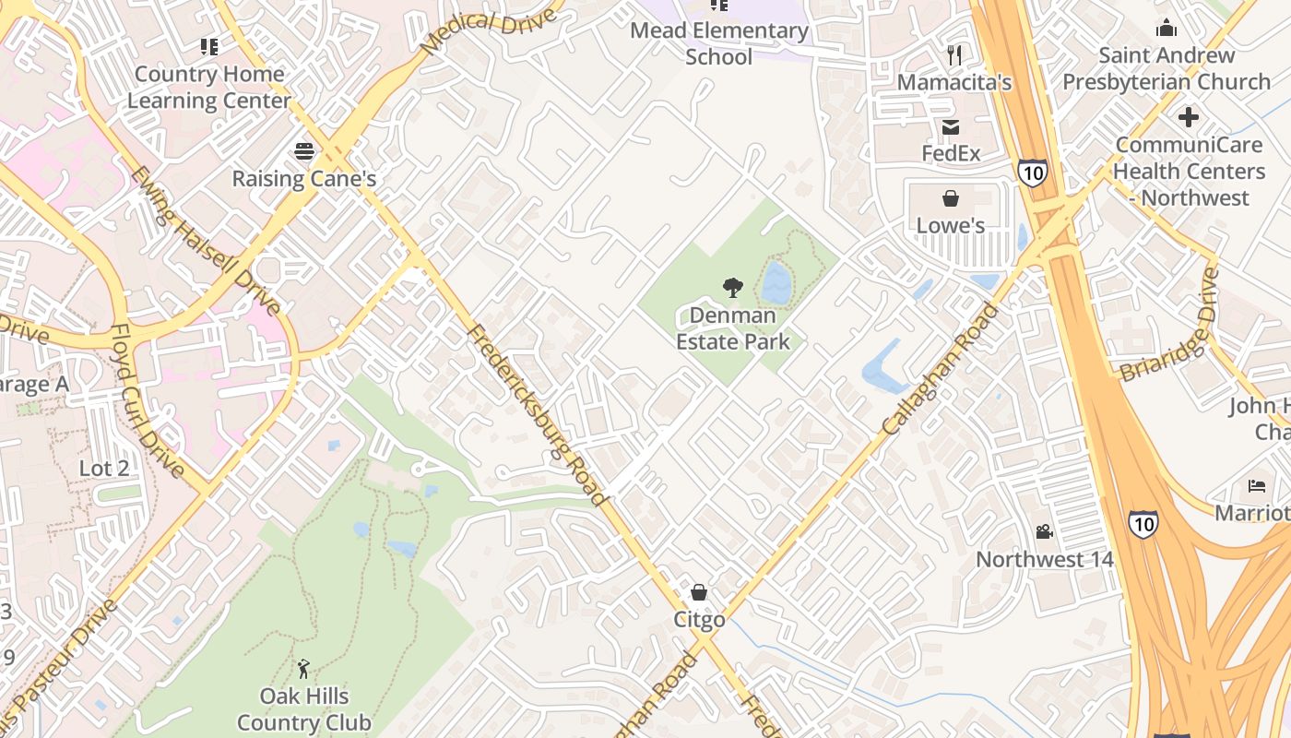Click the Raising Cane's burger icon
click(304, 151)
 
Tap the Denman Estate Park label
click(733, 328)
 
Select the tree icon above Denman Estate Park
click(733, 288)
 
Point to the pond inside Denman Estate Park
click(776, 282)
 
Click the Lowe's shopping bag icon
click(951, 198)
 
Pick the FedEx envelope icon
click(951, 127)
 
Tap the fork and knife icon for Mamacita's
click(954, 55)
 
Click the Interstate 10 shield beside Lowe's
click(1033, 172)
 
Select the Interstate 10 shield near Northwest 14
click(1143, 524)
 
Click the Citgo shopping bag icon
click(699, 591)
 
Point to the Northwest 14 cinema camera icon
click(1044, 531)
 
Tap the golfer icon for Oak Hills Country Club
click(303, 669)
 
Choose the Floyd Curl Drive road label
click(148, 400)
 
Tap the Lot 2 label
click(104, 468)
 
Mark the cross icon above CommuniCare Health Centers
click(1189, 118)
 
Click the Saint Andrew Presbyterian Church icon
click(1167, 28)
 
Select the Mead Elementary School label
click(719, 43)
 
